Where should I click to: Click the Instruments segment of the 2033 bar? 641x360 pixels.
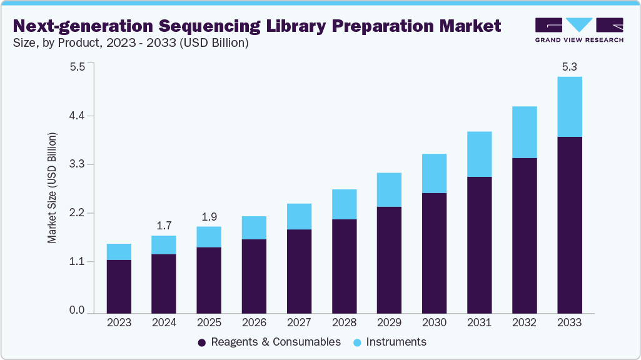pyautogui.click(x=569, y=107)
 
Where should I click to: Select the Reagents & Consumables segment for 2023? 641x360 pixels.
pyautogui.click(x=119, y=286)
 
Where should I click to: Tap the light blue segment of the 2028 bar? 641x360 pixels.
pyautogui.click(x=344, y=204)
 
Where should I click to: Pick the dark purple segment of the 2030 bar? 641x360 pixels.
pyautogui.click(x=434, y=252)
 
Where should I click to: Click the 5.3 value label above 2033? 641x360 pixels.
pyautogui.click(x=569, y=66)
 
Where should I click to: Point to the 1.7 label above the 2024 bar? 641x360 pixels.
pyautogui.click(x=164, y=225)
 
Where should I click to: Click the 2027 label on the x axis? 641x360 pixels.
pyautogui.click(x=299, y=323)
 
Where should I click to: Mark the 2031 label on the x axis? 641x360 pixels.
pyautogui.click(x=479, y=323)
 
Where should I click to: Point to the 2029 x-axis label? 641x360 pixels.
pyautogui.click(x=389, y=323)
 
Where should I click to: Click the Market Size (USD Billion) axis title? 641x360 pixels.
pyautogui.click(x=53, y=188)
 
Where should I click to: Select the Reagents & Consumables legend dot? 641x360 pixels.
pyautogui.click(x=202, y=342)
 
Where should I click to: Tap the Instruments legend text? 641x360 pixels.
pyautogui.click(x=396, y=342)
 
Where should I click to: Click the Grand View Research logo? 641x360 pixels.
pyautogui.click(x=578, y=29)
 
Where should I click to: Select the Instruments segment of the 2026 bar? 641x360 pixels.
pyautogui.click(x=254, y=228)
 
